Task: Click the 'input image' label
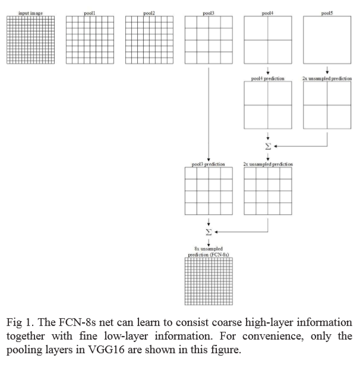pos(30,12)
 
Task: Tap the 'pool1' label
pos(89,12)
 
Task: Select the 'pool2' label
pos(149,12)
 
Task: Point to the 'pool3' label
pos(208,12)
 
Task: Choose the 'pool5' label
pos(327,12)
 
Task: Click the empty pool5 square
pos(327,39)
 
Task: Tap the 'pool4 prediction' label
pos(268,78)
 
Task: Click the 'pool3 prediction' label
pos(208,164)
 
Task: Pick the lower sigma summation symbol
pos(209,231)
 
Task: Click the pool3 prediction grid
pos(208,191)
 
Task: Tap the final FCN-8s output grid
pos(208,281)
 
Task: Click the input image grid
pos(30,39)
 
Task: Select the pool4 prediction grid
pos(268,105)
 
